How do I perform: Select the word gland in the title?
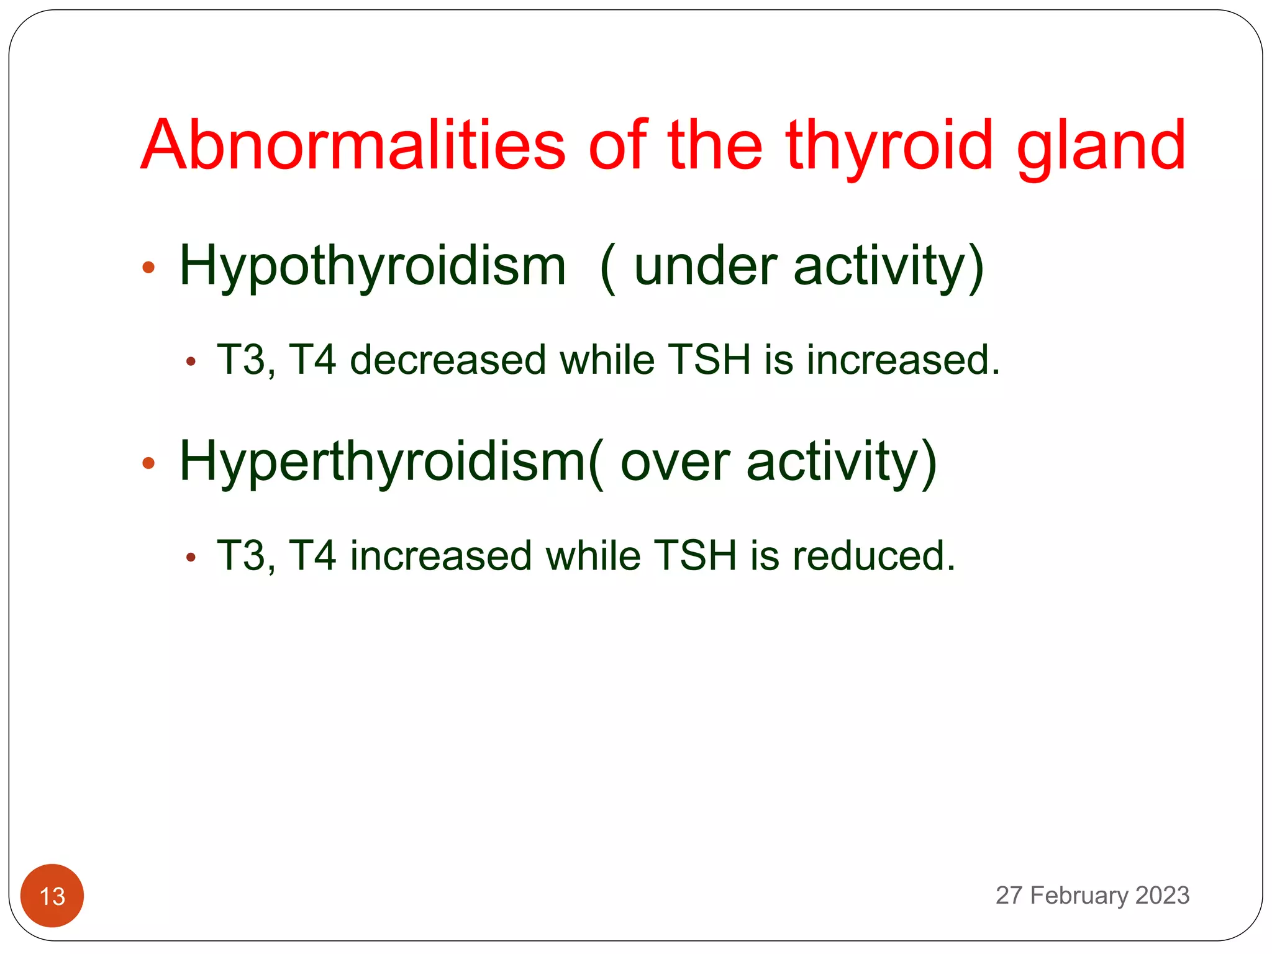coord(1101,147)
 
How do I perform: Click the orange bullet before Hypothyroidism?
coord(148,268)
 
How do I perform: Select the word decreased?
coord(448,360)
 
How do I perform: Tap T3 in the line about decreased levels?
coord(241,360)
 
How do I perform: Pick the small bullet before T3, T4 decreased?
coord(191,361)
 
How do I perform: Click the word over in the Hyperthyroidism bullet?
coord(675,462)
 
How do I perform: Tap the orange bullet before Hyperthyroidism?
coord(148,463)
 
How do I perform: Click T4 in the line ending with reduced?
coord(312,555)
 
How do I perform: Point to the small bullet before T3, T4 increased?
coord(191,557)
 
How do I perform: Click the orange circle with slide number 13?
coord(52,896)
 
